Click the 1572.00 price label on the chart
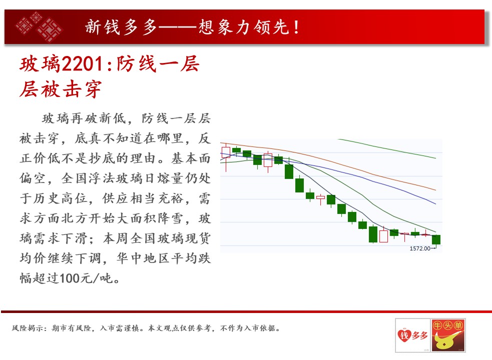tap(420, 248)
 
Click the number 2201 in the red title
tap(82, 64)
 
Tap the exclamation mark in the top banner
tap(296, 27)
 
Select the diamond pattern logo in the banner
tap(39, 26)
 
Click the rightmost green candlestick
tap(436, 239)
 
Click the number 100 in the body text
tap(70, 278)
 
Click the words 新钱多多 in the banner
tap(121, 27)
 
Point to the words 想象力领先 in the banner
tap(243, 27)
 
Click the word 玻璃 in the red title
tap(40, 64)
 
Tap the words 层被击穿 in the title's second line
tap(61, 89)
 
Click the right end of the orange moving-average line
tap(436, 190)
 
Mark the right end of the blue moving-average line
tap(436, 204)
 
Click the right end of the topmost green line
tap(436, 158)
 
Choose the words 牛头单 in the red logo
tap(448, 325)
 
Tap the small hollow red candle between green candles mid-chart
tap(320, 198)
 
